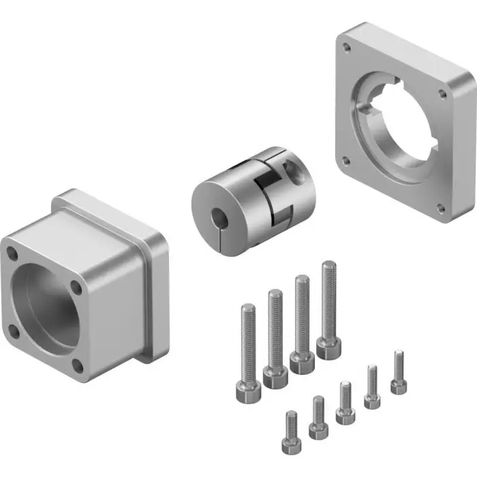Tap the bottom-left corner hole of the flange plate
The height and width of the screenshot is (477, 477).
(x=347, y=161)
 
